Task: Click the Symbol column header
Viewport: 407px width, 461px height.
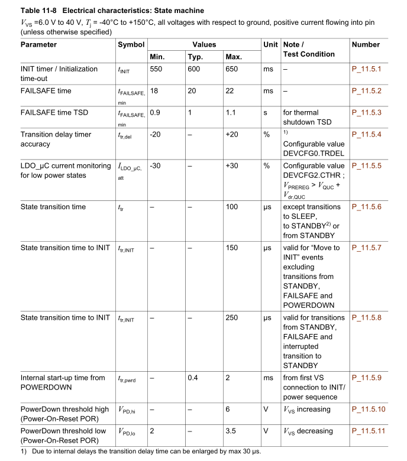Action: tap(131, 45)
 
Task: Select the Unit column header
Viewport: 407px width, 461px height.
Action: tap(270, 45)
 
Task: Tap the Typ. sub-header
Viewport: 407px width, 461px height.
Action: tap(195, 57)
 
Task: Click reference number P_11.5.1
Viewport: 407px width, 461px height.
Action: tap(366, 69)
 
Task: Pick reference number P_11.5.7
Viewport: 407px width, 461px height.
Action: tap(366, 248)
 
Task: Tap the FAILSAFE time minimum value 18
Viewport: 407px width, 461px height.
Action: tap(154, 91)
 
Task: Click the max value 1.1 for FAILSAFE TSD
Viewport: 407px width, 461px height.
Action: tap(231, 113)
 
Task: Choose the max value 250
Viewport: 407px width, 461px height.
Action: tap(232, 318)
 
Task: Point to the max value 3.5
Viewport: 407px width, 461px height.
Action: tap(231, 431)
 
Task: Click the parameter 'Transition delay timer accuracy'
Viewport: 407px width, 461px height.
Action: tap(56, 139)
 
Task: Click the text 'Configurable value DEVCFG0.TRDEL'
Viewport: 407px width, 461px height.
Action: tap(314, 148)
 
